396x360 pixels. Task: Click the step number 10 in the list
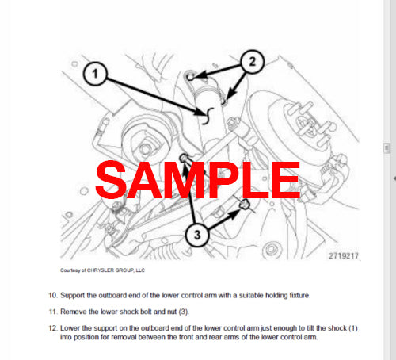point(53,296)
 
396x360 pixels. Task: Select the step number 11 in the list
point(53,313)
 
